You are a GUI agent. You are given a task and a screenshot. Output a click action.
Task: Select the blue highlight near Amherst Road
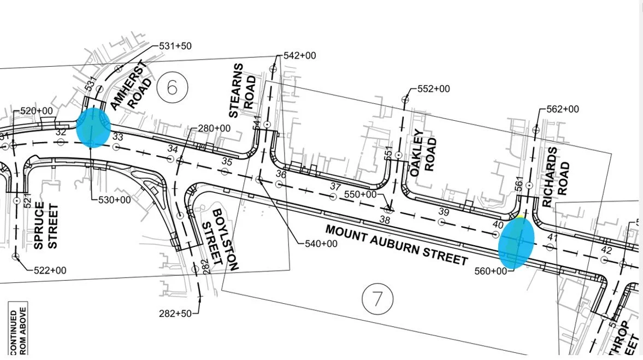coord(93,127)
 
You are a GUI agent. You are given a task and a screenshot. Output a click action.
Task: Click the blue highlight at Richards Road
coord(516,243)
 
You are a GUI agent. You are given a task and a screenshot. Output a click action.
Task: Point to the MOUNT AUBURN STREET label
coord(396,244)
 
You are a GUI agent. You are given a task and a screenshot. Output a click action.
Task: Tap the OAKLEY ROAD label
coord(423,151)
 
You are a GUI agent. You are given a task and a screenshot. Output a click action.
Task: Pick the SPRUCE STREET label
coord(46,225)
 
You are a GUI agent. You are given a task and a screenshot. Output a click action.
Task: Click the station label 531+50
coord(175,46)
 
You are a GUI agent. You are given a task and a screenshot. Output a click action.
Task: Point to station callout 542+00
coord(299,56)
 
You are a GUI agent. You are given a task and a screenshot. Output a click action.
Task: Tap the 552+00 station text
coord(433,89)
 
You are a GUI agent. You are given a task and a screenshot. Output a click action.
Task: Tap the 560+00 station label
coord(490,271)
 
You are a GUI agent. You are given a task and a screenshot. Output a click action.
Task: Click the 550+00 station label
coord(361,194)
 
